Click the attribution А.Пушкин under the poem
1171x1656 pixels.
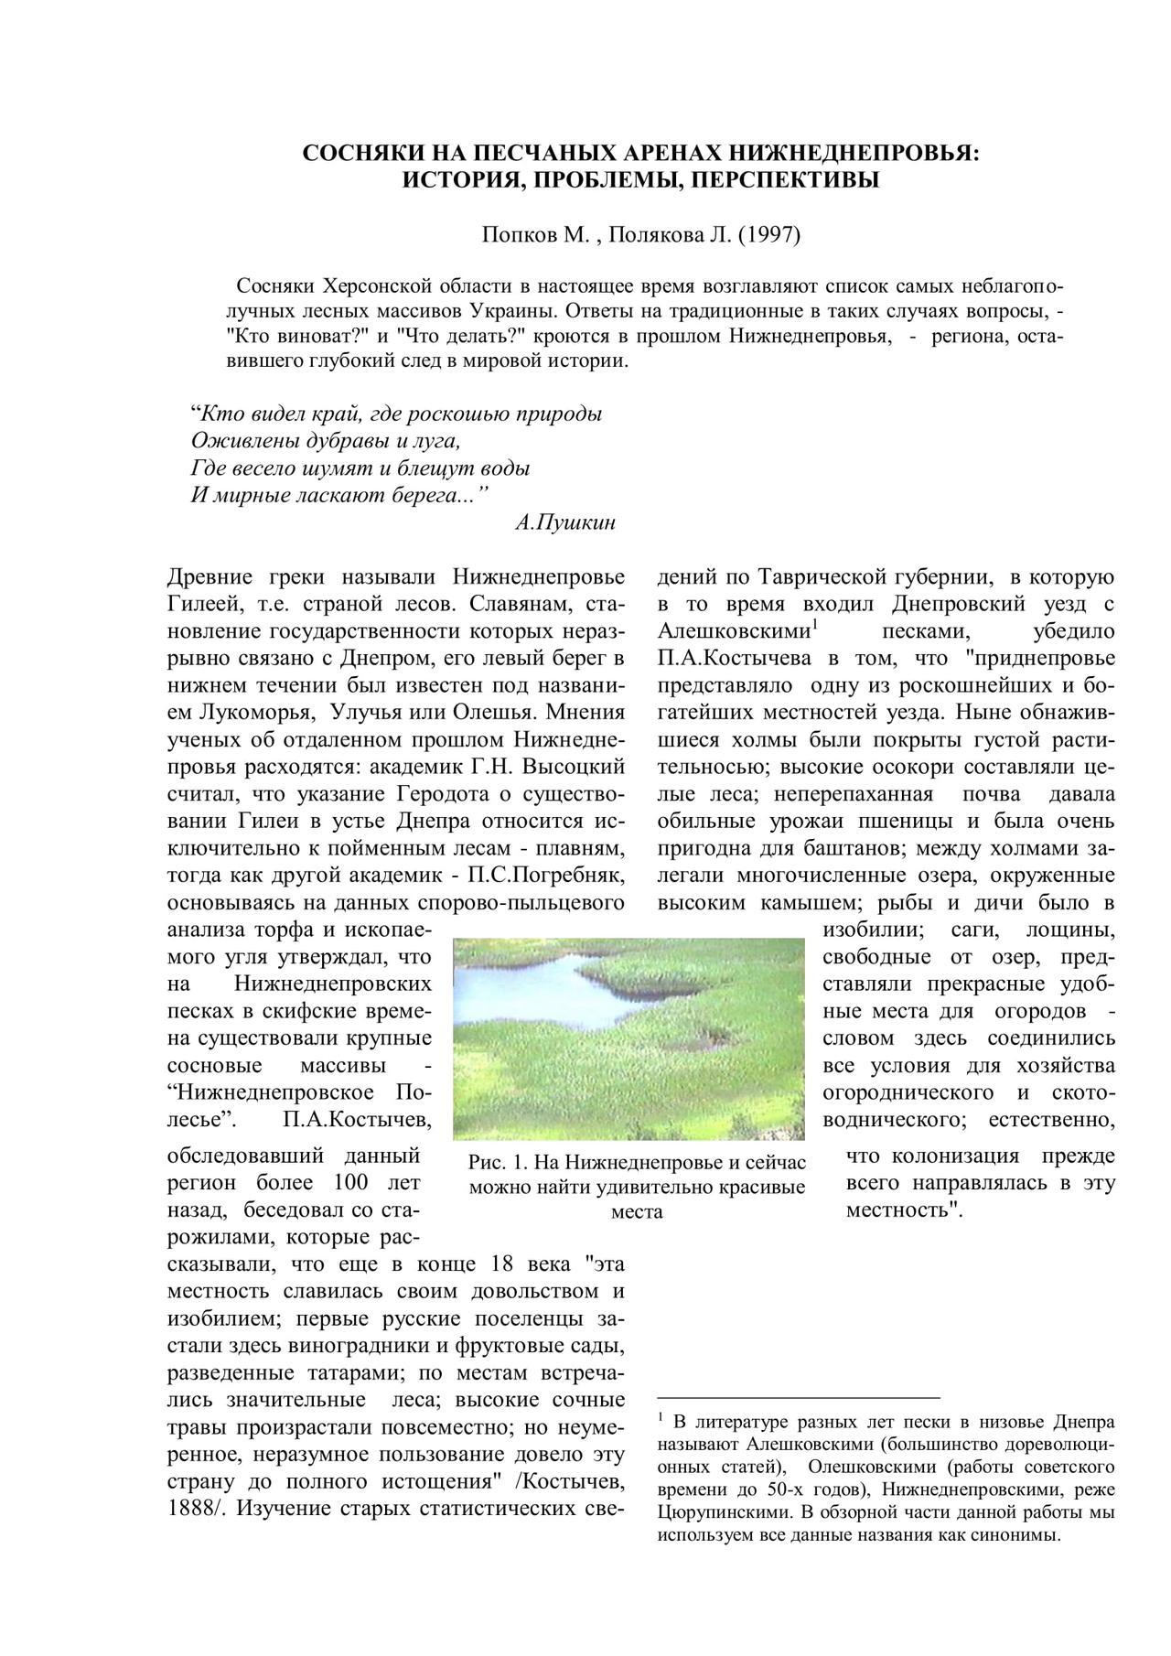click(565, 523)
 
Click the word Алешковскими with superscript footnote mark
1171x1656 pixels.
click(734, 632)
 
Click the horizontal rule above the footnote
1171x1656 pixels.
click(799, 1398)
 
